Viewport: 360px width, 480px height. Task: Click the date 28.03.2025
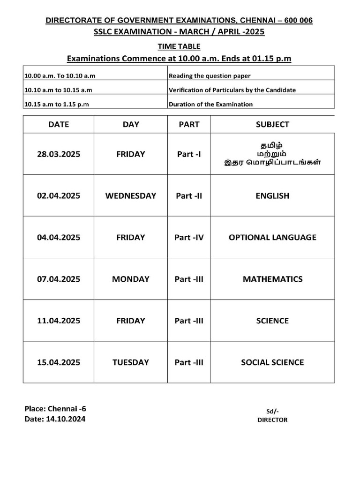58,154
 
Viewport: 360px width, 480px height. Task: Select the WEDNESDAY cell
130,195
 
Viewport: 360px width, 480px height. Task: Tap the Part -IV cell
189,237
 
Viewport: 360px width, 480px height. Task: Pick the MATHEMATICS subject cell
272,279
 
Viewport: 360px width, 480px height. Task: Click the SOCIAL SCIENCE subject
272,362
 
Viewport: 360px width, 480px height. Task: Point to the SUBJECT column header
272,124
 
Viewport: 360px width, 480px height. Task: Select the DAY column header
130,124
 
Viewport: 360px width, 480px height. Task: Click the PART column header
189,124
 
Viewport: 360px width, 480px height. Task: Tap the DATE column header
58,124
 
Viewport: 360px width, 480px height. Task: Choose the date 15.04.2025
58,362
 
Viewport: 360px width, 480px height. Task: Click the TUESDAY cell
130,362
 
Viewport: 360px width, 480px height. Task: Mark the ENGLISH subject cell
272,195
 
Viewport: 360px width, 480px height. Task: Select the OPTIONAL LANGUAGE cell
272,237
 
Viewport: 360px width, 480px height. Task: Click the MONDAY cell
130,279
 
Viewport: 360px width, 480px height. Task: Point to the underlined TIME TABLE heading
179,46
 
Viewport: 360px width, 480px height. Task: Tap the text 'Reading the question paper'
210,75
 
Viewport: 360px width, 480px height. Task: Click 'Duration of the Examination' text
210,104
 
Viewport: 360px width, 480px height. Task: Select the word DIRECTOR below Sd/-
272,420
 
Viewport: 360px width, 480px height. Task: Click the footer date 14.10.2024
66,419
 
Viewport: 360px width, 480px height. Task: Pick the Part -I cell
189,154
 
